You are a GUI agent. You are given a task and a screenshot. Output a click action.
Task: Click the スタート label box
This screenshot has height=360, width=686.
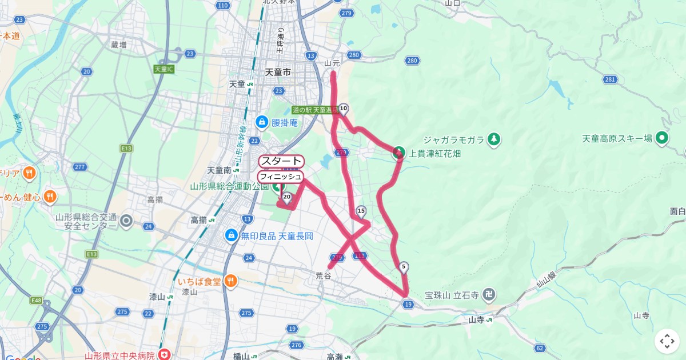click(281, 162)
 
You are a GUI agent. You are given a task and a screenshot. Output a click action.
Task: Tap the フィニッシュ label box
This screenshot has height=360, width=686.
click(280, 177)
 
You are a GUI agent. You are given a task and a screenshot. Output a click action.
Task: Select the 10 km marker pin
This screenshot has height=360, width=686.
click(344, 108)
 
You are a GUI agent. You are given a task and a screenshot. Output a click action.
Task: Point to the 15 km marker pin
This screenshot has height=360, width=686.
click(361, 211)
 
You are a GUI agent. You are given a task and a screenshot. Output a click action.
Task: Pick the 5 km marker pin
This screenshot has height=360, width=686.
click(404, 266)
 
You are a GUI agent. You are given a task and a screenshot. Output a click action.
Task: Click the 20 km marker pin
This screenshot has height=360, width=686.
click(287, 197)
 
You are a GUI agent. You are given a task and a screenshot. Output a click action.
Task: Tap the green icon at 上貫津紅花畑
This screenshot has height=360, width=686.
click(398, 153)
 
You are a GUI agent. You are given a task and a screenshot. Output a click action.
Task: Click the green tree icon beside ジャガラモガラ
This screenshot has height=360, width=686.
click(494, 139)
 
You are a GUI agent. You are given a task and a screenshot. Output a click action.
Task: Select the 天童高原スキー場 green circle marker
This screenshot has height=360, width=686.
click(663, 138)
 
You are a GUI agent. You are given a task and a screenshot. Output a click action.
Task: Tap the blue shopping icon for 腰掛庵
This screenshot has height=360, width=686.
click(262, 122)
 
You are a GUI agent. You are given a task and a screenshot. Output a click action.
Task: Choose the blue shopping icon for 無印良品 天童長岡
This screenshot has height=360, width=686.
click(231, 235)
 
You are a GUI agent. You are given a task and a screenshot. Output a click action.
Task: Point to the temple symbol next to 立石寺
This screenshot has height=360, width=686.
click(489, 295)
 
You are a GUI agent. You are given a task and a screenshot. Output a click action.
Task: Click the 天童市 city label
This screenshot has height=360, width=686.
click(278, 73)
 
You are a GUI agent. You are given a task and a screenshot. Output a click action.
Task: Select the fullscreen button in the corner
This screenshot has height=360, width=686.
click(667, 341)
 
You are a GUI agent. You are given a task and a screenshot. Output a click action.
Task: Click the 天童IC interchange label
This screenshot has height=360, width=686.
click(164, 69)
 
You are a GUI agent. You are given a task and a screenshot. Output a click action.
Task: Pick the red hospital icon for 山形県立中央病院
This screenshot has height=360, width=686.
click(165, 355)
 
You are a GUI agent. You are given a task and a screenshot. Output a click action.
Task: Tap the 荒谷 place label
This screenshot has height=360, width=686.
click(324, 275)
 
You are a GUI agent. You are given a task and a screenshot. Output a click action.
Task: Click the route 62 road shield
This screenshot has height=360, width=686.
click(540, 347)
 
